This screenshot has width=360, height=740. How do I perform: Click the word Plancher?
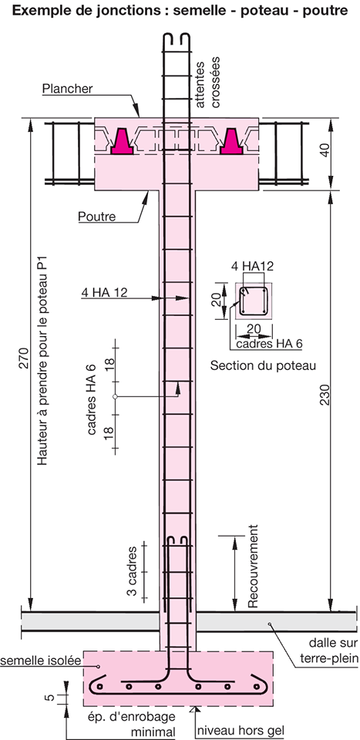[x=68, y=88]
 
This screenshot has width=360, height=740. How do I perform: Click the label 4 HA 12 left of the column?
[x=104, y=293]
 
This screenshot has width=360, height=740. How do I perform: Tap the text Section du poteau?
[x=264, y=365]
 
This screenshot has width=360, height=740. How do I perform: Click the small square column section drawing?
[x=254, y=301]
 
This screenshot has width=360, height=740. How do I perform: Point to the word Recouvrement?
[x=253, y=566]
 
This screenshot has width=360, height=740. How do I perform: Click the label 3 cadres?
[x=133, y=571]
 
